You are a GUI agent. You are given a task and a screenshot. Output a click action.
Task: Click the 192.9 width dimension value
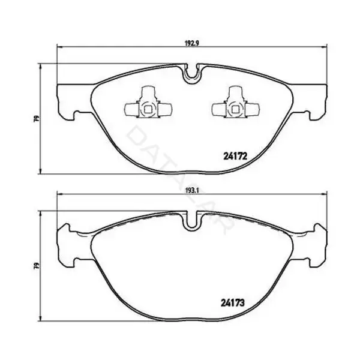192,43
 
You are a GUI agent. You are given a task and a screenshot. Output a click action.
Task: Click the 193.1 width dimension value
192,190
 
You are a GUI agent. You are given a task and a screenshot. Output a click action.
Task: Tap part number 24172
235,157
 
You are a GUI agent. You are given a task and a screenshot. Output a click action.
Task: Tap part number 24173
233,303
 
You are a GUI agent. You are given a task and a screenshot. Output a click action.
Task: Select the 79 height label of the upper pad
37,119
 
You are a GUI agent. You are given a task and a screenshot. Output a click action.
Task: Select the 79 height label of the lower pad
37,266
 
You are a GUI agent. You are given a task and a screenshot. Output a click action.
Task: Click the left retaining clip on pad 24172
148,102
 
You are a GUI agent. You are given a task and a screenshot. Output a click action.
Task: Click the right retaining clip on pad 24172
236,102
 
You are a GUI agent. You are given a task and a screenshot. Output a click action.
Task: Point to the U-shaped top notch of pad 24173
192,222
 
